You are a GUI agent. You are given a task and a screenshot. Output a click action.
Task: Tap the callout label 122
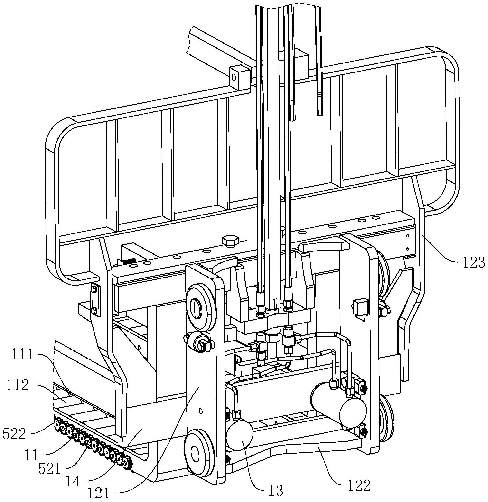point(359,484)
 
